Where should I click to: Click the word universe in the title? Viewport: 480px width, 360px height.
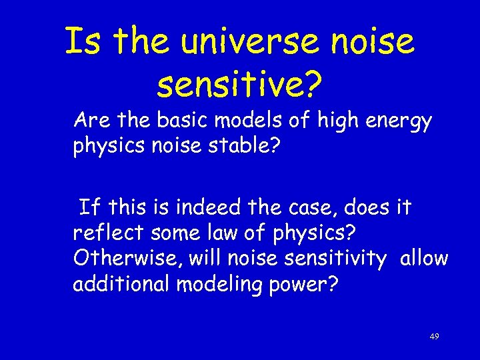(x=250, y=41)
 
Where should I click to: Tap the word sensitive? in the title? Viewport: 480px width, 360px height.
(x=239, y=85)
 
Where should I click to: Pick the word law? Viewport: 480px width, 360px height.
(x=239, y=232)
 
